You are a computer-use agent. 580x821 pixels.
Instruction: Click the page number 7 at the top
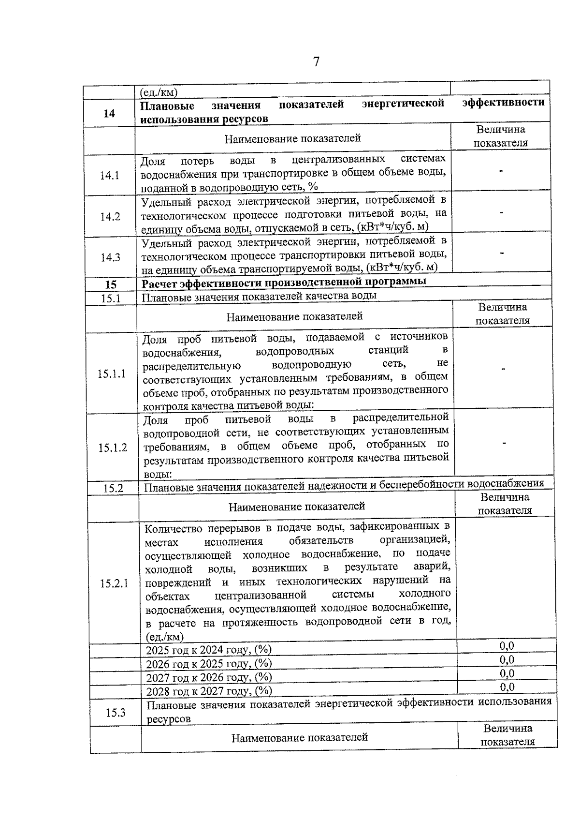click(316, 62)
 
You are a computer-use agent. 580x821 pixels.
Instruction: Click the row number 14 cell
click(110, 113)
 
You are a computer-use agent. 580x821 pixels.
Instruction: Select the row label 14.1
click(110, 175)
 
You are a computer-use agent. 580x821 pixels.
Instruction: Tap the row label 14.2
click(110, 216)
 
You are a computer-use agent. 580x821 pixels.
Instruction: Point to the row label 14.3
click(111, 257)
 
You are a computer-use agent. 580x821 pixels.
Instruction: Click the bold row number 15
click(111, 285)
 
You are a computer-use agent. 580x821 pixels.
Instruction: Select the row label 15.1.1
click(112, 373)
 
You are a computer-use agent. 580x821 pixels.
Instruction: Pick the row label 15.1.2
click(113, 448)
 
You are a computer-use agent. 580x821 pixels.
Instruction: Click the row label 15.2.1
click(114, 583)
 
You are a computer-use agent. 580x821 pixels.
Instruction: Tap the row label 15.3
click(116, 712)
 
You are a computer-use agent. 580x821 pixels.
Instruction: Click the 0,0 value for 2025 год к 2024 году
click(507, 646)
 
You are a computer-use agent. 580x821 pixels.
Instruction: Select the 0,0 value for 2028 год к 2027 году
click(507, 687)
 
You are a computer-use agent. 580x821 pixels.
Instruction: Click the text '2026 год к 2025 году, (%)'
click(209, 663)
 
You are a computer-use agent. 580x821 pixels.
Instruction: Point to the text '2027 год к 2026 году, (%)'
click(209, 677)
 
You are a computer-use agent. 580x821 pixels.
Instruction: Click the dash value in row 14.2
click(502, 212)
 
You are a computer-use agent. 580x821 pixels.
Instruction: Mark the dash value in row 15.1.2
click(504, 443)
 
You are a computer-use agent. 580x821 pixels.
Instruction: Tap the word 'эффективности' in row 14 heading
click(503, 102)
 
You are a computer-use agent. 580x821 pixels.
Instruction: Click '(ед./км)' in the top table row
click(159, 92)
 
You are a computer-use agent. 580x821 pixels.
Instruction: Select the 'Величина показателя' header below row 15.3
click(507, 735)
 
